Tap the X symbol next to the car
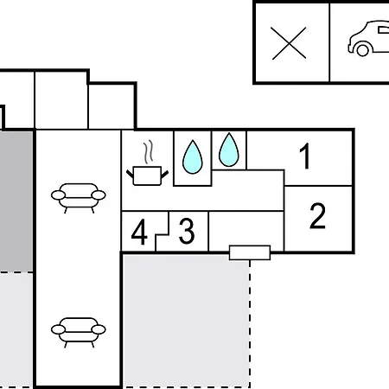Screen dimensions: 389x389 click(x=290, y=41)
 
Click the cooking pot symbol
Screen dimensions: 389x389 click(x=145, y=175)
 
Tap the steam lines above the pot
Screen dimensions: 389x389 click(x=150, y=152)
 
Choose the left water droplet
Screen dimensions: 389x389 click(x=193, y=157)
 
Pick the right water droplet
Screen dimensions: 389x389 click(x=228, y=150)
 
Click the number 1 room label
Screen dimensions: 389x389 click(x=305, y=157)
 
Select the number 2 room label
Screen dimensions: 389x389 click(x=317, y=216)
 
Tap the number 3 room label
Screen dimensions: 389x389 click(x=186, y=232)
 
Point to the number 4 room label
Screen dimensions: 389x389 click(x=139, y=233)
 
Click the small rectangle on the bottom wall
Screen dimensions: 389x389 click(x=249, y=252)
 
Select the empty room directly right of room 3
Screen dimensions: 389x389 click(x=246, y=228)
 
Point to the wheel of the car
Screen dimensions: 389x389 click(x=356, y=49)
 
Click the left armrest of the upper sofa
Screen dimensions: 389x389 click(x=57, y=197)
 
